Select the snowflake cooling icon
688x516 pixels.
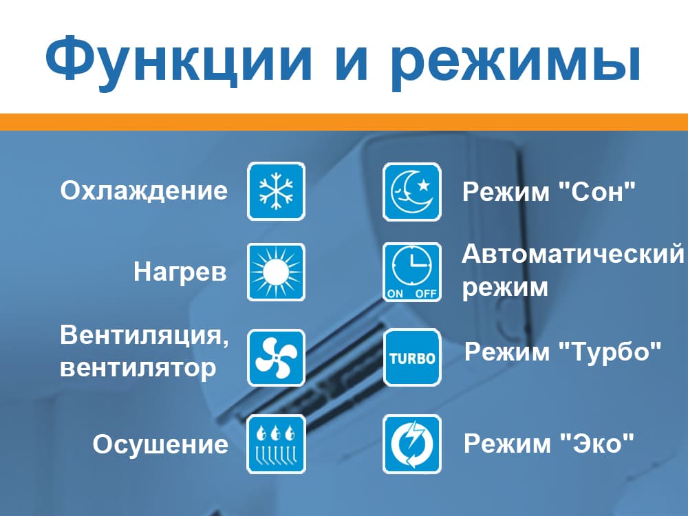[x=276, y=191]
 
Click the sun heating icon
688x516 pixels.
[x=276, y=272]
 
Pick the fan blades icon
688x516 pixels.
[x=276, y=358]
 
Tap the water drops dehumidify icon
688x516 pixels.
[x=276, y=444]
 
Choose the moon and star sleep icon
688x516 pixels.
[x=411, y=191]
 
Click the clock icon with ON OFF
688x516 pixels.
[x=411, y=272]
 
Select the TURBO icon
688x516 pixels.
[x=411, y=358]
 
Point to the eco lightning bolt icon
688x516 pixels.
[x=411, y=444]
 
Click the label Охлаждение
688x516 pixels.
[x=144, y=191]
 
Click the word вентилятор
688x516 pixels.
[x=138, y=368]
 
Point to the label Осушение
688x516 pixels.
[x=160, y=444]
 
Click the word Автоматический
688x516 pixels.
[x=573, y=255]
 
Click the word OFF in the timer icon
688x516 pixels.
[x=426, y=294]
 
